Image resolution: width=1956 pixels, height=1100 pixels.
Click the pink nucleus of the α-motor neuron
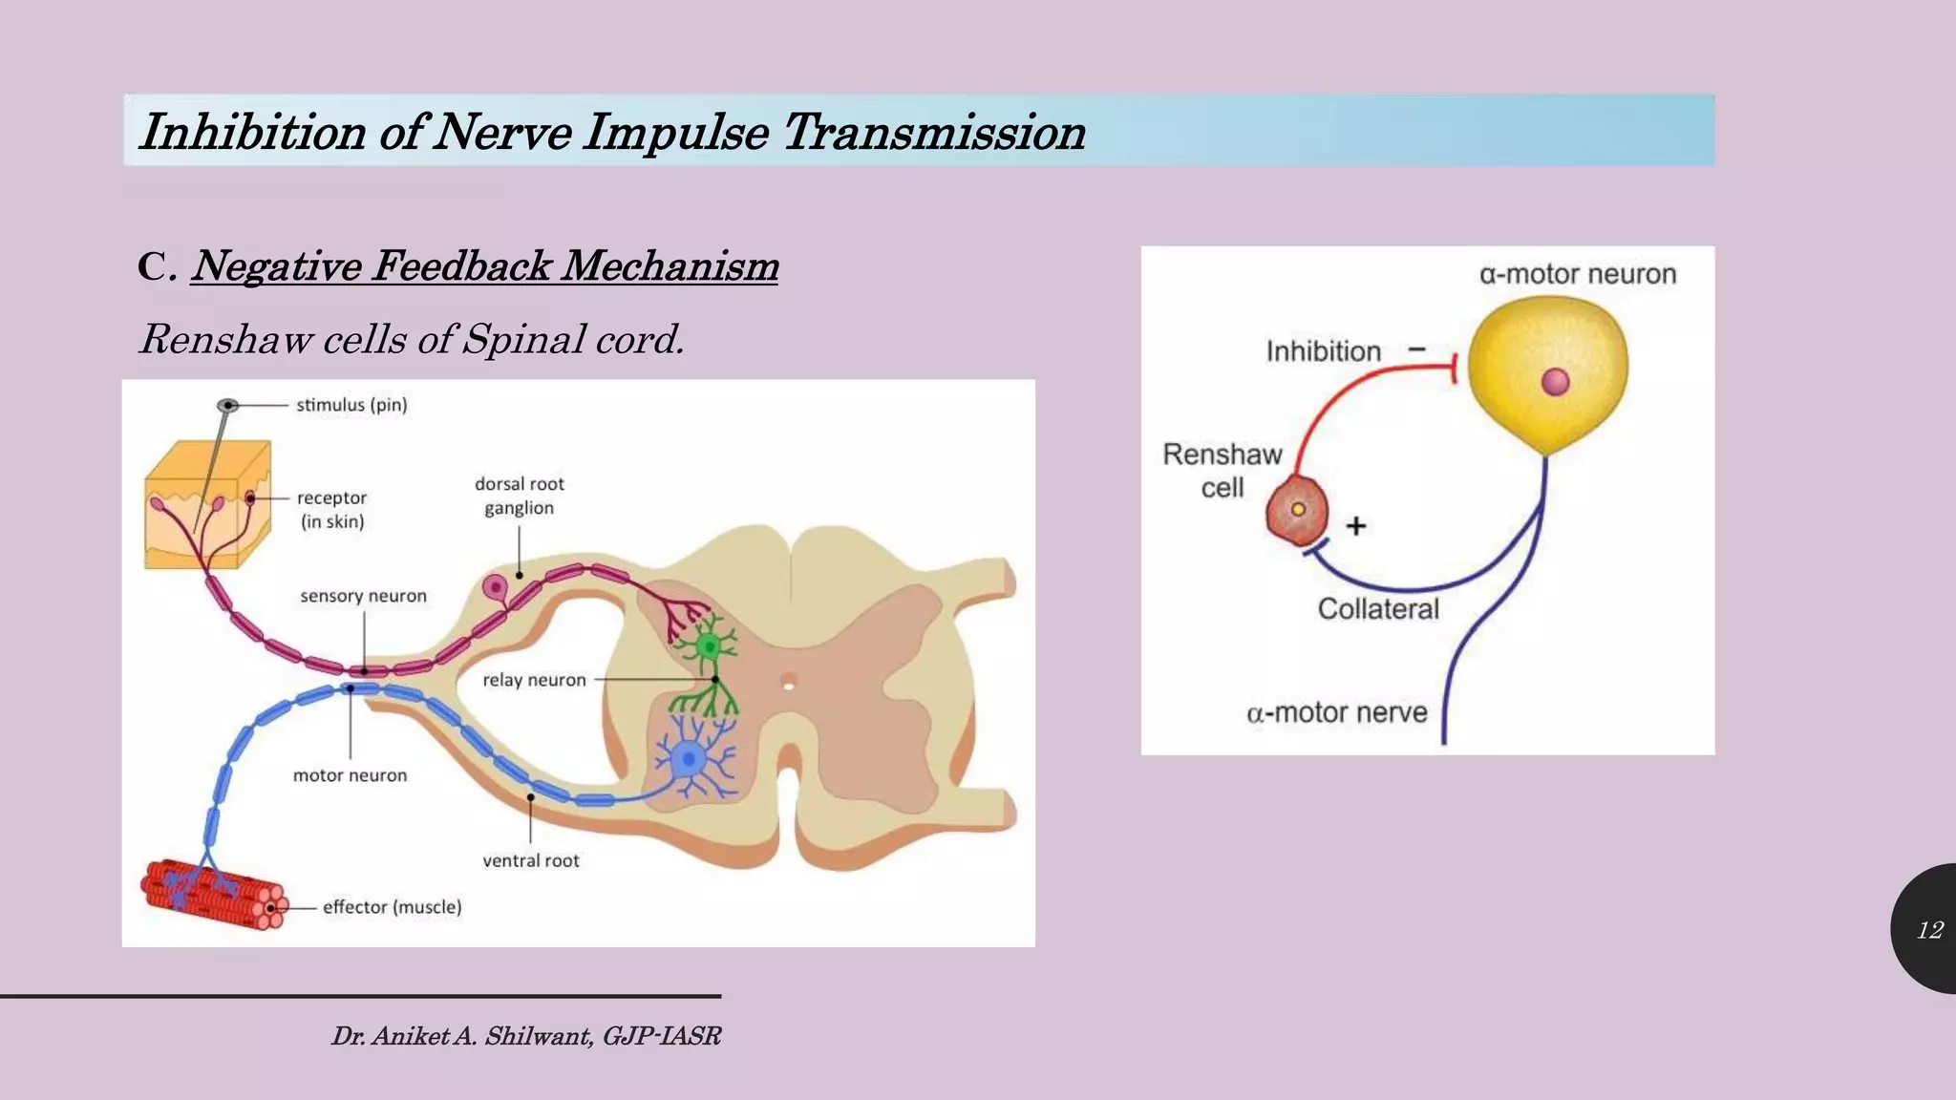[x=1555, y=382]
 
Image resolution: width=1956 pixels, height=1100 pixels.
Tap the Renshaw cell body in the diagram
[x=1297, y=511]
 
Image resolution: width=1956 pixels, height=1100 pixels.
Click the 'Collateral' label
[x=1377, y=609]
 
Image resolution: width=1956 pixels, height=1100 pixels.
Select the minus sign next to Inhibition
[x=1417, y=349]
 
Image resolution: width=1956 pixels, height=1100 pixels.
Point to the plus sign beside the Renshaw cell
[x=1356, y=526]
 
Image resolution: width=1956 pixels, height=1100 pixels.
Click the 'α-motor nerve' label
[x=1336, y=712]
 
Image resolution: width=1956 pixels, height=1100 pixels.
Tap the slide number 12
[x=1929, y=930]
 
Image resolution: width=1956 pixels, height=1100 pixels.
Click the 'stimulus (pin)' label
[x=351, y=405]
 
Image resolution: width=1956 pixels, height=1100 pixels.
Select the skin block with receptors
[x=207, y=506]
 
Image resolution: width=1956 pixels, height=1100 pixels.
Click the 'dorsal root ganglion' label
[x=519, y=496]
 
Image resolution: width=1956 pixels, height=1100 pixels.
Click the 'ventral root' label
[x=530, y=860]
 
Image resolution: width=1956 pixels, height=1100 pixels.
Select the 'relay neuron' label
[x=534, y=680]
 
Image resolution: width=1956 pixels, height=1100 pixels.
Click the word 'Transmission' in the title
[x=933, y=132]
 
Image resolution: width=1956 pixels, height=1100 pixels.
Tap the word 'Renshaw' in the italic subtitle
[x=225, y=339]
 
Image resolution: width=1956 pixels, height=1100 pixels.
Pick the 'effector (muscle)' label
[x=392, y=907]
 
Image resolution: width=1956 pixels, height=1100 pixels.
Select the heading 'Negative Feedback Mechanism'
[x=484, y=265]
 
